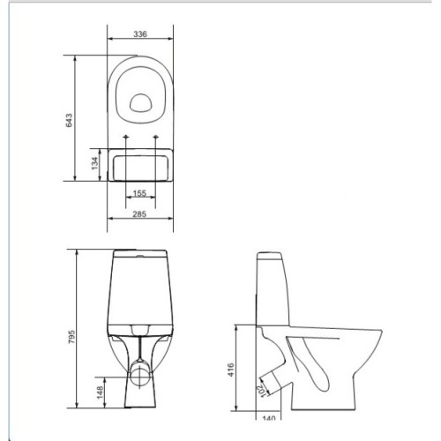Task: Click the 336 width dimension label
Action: (x=140, y=34)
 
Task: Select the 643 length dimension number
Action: (x=69, y=120)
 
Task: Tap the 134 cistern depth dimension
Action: (x=94, y=163)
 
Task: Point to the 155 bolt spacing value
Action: (x=139, y=193)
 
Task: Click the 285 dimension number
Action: (x=139, y=214)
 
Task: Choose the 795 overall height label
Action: (x=71, y=337)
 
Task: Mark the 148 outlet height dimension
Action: (x=100, y=392)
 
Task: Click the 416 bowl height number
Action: (x=231, y=370)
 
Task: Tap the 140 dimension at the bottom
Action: (x=268, y=417)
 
